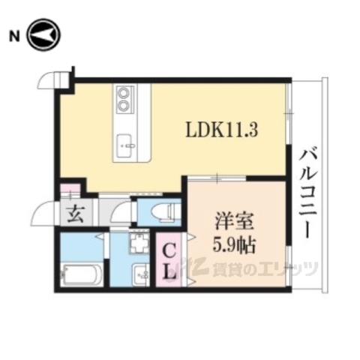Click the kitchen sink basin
pos(126,142)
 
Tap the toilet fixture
pos(163,211)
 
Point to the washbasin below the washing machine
pos(139,273)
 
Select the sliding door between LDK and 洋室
pos(217,178)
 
